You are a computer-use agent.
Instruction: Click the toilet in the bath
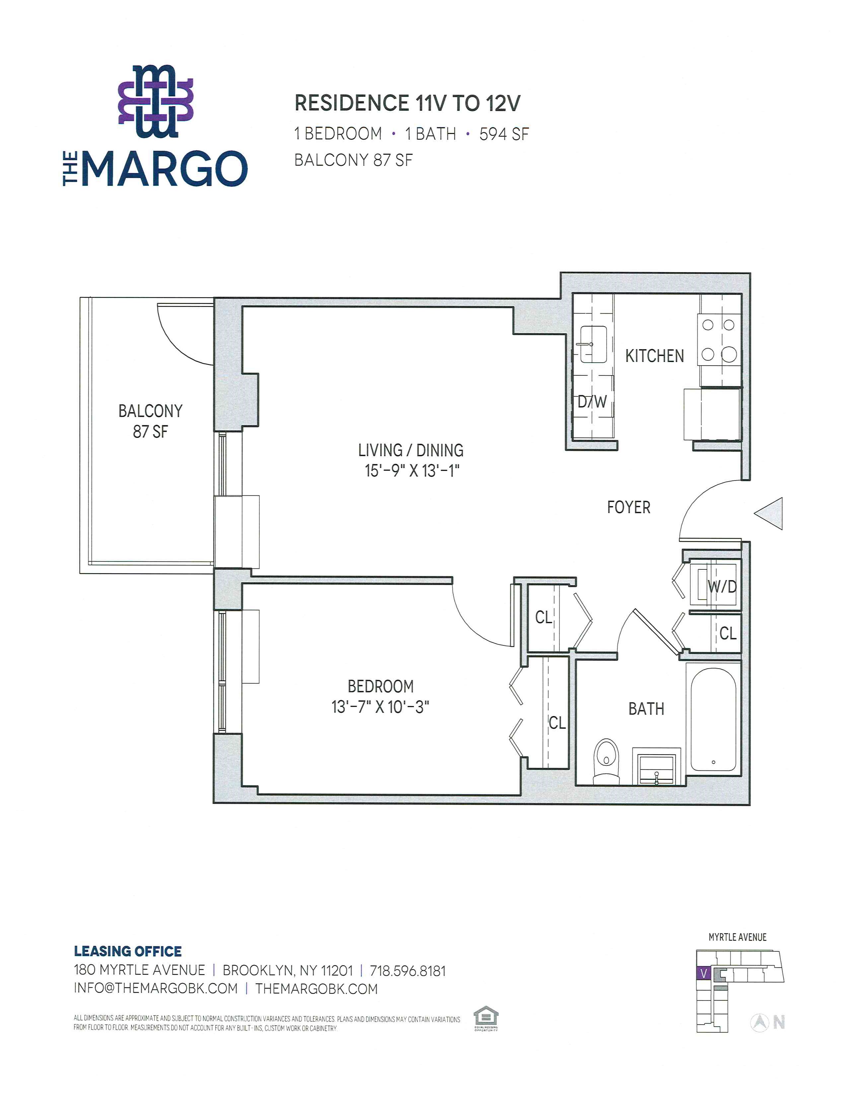coord(606,761)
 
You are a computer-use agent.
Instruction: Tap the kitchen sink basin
coord(594,344)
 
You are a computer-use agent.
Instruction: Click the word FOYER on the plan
coord(628,507)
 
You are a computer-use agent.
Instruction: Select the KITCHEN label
coord(655,356)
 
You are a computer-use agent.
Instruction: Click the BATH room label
coord(646,709)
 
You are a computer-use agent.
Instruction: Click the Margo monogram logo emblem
coord(156,101)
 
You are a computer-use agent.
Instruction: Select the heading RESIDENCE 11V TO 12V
coord(407,103)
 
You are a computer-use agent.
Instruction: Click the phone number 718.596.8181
coord(407,971)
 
